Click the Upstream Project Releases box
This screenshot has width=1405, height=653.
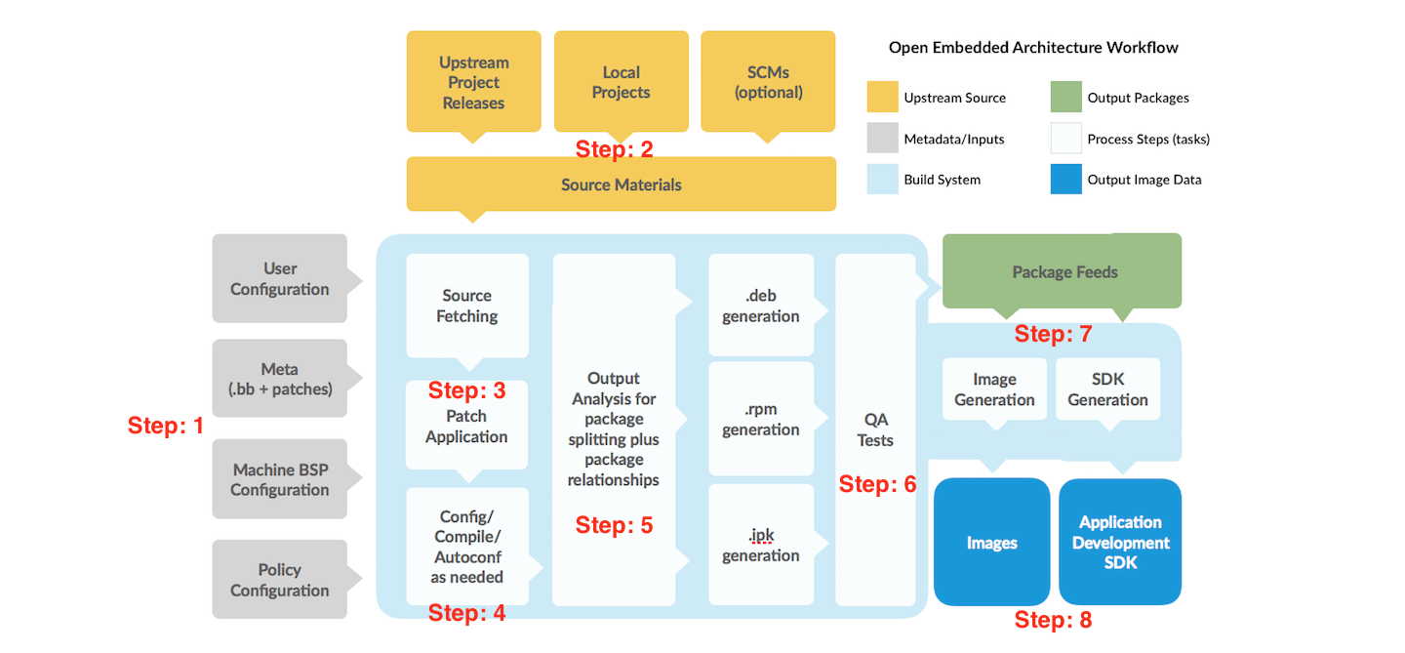tap(473, 82)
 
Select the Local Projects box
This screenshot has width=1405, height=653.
tap(621, 82)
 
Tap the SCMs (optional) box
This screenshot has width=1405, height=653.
tap(768, 82)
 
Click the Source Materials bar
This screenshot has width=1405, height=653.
tap(621, 184)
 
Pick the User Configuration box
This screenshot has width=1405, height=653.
tap(280, 278)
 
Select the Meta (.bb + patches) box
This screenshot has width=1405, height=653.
tap(280, 379)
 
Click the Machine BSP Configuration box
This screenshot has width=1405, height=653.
tap(280, 479)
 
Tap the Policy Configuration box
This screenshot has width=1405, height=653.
tap(280, 580)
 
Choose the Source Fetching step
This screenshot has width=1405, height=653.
tap(467, 306)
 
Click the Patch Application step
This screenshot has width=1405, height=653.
tap(466, 427)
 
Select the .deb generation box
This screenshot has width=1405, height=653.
tap(761, 306)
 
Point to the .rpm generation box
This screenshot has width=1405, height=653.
tap(761, 419)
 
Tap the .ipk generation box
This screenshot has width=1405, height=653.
tap(761, 545)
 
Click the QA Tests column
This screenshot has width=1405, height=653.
tap(875, 429)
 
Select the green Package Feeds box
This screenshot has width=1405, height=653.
tap(1064, 271)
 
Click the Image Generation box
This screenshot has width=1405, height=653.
tap(994, 389)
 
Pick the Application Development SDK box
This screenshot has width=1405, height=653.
tap(1120, 542)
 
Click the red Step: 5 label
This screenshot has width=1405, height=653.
tap(614, 525)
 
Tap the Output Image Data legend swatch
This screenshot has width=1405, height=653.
tap(1065, 180)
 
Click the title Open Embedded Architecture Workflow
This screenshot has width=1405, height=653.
tap(1032, 47)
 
